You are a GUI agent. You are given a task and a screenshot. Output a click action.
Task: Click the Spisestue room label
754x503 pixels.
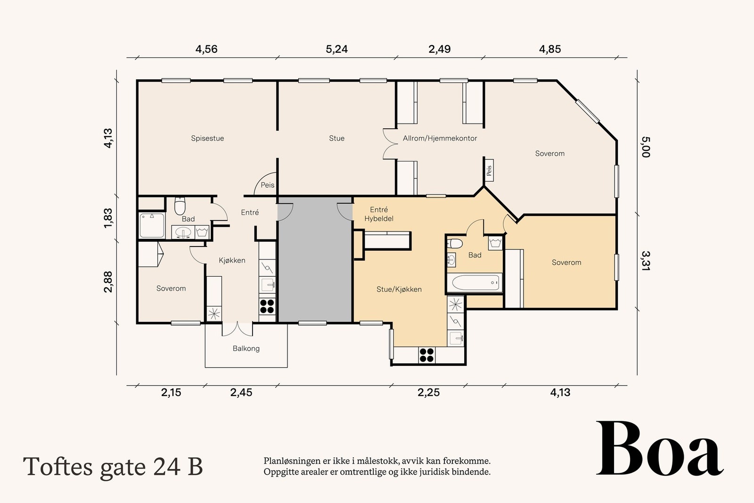click(x=207, y=139)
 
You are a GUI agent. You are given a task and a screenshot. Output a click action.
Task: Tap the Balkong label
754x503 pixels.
click(x=246, y=348)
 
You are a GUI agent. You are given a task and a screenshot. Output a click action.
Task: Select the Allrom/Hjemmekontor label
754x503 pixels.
click(x=440, y=139)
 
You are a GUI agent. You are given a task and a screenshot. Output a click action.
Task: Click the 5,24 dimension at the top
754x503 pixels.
click(x=336, y=49)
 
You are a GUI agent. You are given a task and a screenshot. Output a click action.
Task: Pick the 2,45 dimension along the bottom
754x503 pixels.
click(x=241, y=393)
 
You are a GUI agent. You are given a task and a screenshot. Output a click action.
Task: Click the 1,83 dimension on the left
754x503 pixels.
click(x=108, y=218)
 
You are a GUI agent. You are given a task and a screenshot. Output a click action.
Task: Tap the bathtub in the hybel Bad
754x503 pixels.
click(x=475, y=282)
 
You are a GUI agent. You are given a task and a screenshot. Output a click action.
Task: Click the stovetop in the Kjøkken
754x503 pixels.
click(x=267, y=306)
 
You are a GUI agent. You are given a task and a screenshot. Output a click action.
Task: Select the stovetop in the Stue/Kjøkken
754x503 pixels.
click(x=427, y=355)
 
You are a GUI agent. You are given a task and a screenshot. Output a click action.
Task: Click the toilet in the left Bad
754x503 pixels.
click(x=180, y=206)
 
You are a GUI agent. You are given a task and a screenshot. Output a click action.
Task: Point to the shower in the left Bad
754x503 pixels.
click(x=152, y=225)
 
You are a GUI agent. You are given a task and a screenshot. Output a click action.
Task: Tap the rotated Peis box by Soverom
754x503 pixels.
click(x=489, y=170)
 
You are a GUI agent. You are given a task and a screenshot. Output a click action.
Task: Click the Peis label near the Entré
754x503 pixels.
click(x=268, y=185)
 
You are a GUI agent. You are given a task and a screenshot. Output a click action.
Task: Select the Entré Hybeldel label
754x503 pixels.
click(x=379, y=214)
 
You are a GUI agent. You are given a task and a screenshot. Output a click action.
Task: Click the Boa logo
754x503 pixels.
click(x=660, y=448)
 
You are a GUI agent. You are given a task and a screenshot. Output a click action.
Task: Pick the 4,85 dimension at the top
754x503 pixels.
click(x=550, y=49)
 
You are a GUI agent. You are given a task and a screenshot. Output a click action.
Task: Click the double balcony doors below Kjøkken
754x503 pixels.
click(x=238, y=329)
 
